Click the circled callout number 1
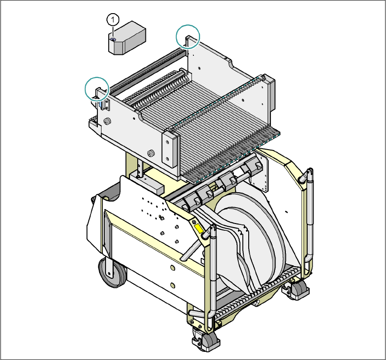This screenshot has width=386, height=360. tap(113, 19)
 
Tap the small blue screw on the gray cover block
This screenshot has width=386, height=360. tap(113, 40)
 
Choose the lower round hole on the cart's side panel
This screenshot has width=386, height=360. tap(172, 285)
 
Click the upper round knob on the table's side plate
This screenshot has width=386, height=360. tap(108, 122)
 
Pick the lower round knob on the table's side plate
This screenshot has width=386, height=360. tap(151, 153)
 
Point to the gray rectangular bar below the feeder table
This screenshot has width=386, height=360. tap(148, 186)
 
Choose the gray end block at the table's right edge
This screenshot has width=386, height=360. tap(271, 95)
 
